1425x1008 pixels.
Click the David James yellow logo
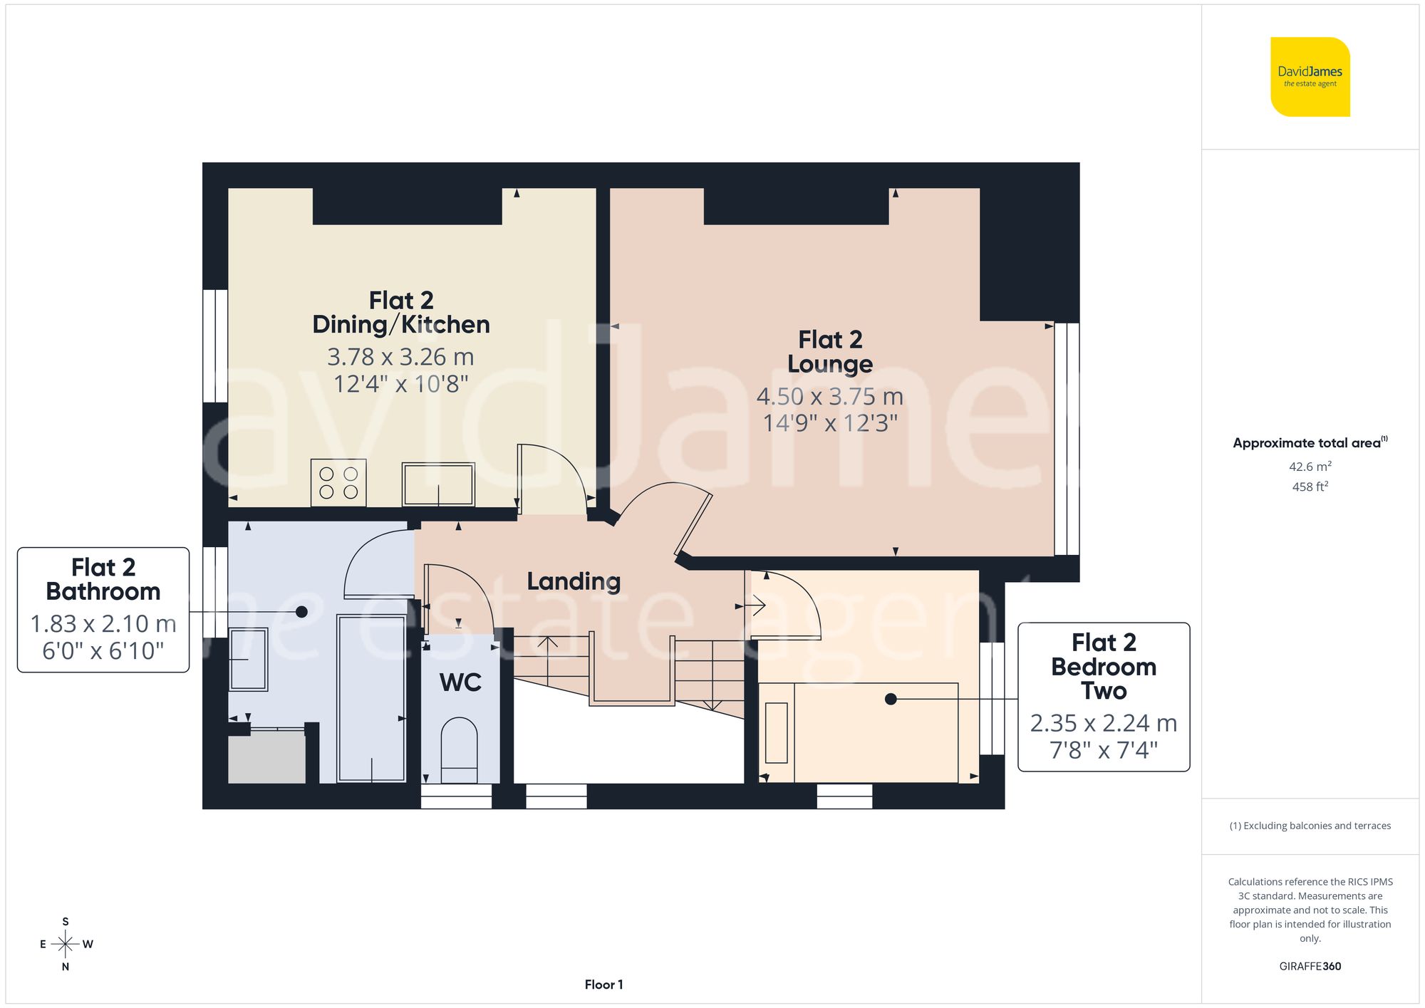click(x=1310, y=77)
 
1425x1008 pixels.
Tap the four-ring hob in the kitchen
click(x=338, y=483)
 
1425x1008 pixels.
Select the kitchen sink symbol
click(x=438, y=484)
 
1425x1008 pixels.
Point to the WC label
click(x=460, y=682)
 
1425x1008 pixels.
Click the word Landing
click(x=574, y=581)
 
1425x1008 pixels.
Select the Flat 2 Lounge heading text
click(x=830, y=352)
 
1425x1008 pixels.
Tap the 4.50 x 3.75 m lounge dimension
click(x=830, y=396)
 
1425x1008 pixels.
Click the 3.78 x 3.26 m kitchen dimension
click(x=400, y=357)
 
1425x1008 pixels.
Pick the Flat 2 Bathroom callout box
click(x=103, y=609)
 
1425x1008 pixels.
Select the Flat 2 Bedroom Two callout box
click(x=1104, y=697)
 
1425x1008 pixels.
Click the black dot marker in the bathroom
click(x=301, y=612)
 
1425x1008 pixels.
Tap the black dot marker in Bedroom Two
click(x=891, y=700)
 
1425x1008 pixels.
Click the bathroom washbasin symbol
click(x=248, y=659)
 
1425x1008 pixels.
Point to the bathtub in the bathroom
click(x=371, y=698)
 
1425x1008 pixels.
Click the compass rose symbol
click(x=66, y=945)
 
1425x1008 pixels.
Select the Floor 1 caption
click(x=603, y=984)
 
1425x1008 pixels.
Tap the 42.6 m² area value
click(x=1310, y=467)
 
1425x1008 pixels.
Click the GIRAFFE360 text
click(x=1310, y=966)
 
